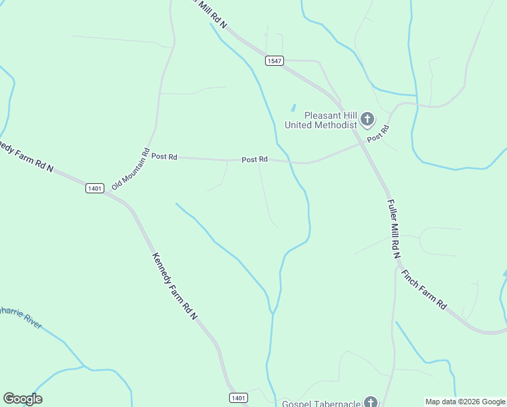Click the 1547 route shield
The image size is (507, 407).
coord(275,60)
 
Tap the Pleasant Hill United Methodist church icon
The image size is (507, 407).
coord(367,120)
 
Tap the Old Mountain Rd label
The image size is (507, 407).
coord(131,169)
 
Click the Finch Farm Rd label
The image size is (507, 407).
coord(424,290)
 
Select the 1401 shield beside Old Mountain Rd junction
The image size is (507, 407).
coord(95,188)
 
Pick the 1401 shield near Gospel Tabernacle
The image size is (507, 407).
coord(238,398)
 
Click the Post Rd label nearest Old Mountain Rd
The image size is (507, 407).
coord(164,156)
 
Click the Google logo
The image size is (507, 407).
coord(22,399)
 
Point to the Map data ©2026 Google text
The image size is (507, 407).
coord(465,402)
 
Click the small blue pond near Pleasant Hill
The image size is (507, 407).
coord(293,108)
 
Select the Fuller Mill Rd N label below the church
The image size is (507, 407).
coord(392,229)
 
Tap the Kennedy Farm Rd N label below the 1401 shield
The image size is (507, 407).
coord(174,286)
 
